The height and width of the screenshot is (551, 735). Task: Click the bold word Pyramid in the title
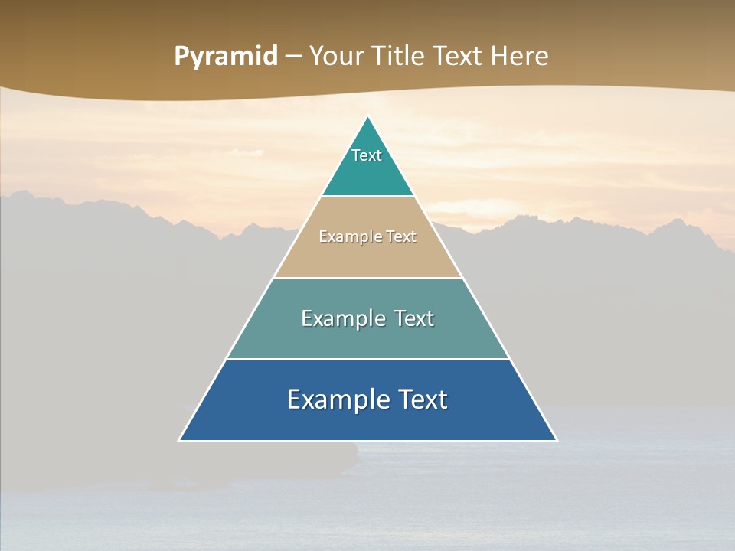click(x=225, y=57)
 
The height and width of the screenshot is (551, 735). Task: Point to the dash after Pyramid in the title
click(x=292, y=57)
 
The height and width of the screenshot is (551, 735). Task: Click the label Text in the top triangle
click(x=367, y=155)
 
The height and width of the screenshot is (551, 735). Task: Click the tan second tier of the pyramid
click(x=367, y=256)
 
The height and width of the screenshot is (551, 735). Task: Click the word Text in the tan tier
click(x=400, y=237)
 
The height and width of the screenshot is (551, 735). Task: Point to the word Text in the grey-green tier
click(x=414, y=318)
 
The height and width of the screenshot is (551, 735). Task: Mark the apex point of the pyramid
click(x=368, y=116)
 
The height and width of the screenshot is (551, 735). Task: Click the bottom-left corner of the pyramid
click(x=179, y=440)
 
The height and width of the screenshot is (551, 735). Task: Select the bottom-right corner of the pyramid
click(x=557, y=440)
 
